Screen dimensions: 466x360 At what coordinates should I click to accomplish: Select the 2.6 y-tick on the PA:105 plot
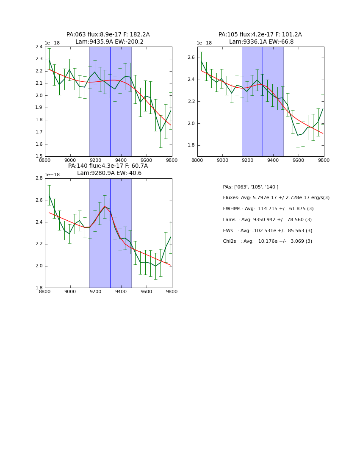(192, 58)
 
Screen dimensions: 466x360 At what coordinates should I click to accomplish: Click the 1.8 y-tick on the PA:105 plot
(192, 145)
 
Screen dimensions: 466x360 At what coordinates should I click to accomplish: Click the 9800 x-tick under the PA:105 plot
(324, 160)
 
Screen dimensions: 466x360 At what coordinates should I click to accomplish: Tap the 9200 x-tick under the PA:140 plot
(96, 291)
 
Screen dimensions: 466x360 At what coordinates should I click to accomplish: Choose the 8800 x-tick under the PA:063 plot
(45, 160)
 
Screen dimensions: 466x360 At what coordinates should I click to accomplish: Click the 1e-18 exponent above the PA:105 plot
(204, 43)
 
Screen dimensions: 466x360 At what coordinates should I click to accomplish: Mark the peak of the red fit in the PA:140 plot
(105, 206)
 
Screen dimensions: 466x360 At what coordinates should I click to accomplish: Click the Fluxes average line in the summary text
(276, 198)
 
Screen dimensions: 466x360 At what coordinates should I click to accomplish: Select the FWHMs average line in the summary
(268, 209)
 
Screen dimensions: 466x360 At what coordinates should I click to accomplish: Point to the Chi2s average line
(267, 241)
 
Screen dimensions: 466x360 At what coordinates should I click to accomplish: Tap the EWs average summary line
(267, 231)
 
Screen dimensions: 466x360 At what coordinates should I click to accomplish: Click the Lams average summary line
(267, 220)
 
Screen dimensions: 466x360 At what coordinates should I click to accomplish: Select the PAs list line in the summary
(250, 187)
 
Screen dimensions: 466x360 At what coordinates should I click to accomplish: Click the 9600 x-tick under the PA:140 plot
(147, 291)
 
